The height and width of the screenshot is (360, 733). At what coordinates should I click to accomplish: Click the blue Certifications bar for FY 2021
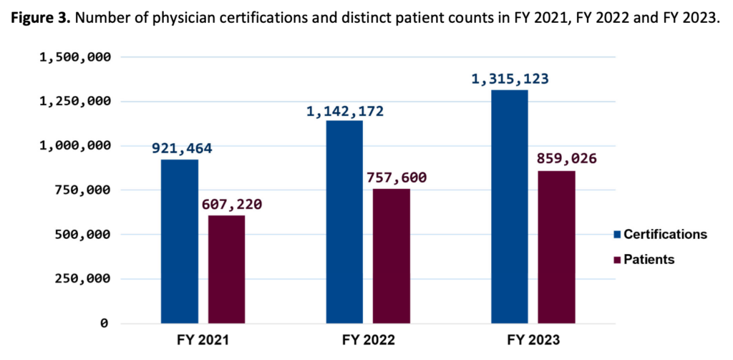(x=180, y=240)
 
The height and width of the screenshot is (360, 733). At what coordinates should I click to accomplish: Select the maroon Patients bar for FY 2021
(x=226, y=269)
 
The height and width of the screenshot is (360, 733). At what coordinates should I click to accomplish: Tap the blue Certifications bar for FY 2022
(x=344, y=221)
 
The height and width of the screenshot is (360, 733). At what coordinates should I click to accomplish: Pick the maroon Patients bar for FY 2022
(x=392, y=256)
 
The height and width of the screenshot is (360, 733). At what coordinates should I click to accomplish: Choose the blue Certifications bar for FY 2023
(x=510, y=206)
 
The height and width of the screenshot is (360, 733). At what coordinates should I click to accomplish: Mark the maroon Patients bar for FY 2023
(x=556, y=246)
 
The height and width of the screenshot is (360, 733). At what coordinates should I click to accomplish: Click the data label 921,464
(x=182, y=149)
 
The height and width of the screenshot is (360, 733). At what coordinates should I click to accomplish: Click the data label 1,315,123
(x=510, y=79)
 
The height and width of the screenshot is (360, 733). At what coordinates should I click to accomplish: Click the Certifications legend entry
(x=659, y=234)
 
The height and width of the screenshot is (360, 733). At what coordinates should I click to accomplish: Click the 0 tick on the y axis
(x=105, y=323)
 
